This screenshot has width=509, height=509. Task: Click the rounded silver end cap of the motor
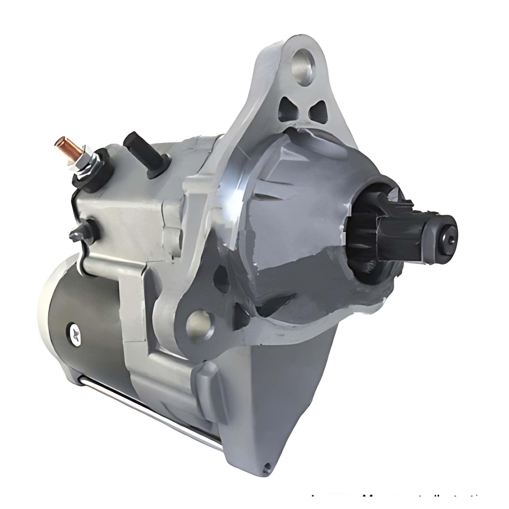point(48,306)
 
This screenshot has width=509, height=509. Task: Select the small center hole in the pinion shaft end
point(449,238)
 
